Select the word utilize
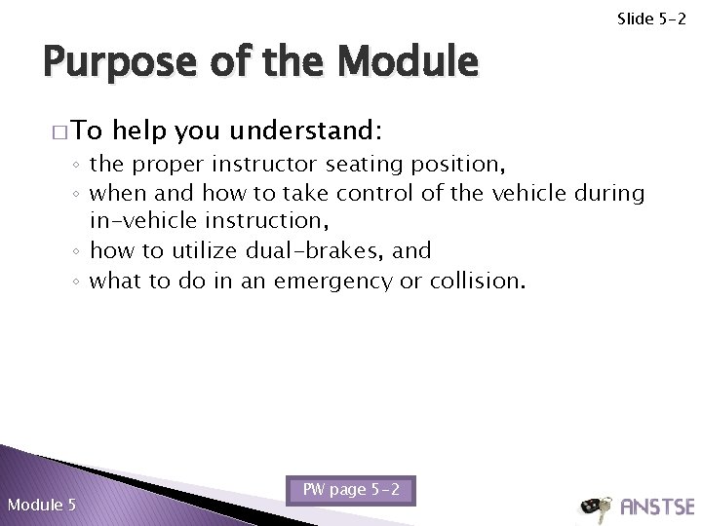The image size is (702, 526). coord(210,252)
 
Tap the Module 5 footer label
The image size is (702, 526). coord(41,504)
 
